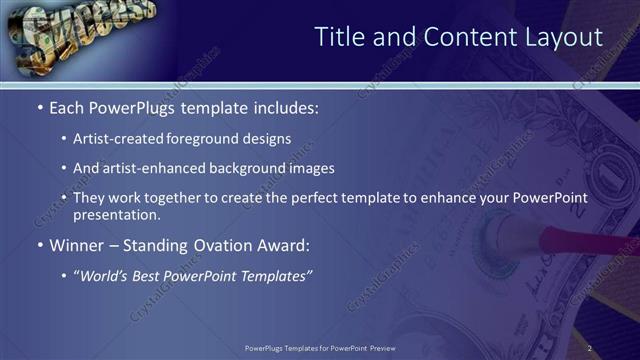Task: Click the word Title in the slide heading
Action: pyautogui.click(x=338, y=38)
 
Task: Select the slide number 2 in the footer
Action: pyautogui.click(x=590, y=348)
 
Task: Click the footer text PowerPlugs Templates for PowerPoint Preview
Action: pyautogui.click(x=320, y=348)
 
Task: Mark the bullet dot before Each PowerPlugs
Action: pyautogui.click(x=39, y=108)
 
